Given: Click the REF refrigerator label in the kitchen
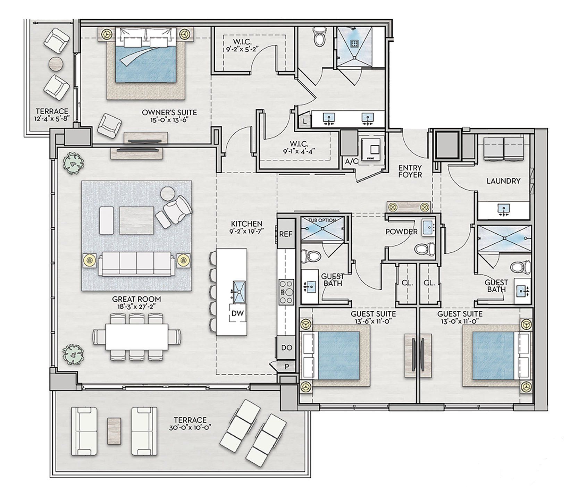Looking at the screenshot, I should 286,234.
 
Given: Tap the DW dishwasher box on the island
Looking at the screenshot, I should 238,313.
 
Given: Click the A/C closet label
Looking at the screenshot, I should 349,161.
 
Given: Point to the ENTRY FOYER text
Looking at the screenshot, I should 410,171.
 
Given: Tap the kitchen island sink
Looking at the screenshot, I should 239,288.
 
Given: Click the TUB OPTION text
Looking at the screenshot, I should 322,220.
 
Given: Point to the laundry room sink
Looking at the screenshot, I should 503,209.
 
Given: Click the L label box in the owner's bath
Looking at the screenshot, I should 304,121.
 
